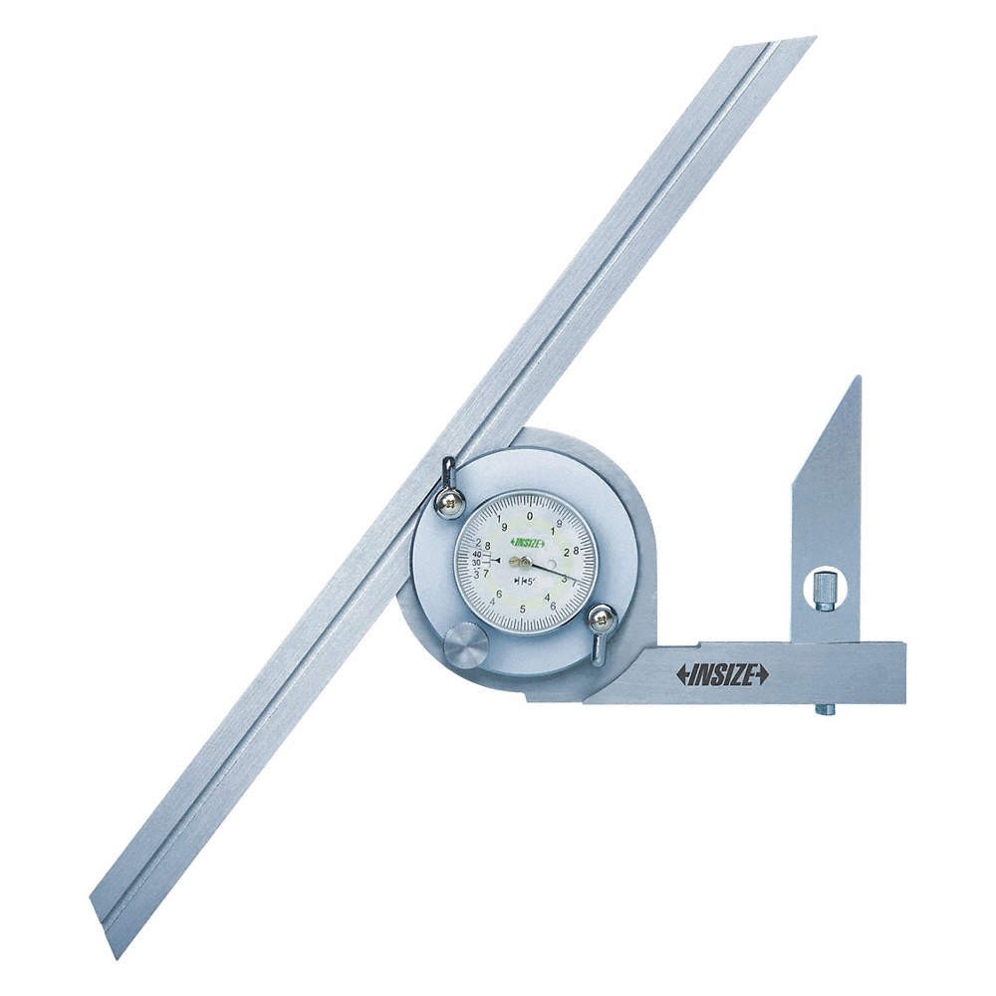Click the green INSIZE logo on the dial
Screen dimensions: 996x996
coord(526,543)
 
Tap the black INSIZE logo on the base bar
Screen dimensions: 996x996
coord(722,674)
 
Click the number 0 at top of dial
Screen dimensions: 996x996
coord(529,515)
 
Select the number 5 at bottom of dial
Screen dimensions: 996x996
coord(523,610)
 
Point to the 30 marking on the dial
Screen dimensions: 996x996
coord(477,563)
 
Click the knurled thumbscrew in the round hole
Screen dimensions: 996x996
coord(824,588)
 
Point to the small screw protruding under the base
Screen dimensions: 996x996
coord(824,710)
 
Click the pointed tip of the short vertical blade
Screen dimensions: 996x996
coord(857,379)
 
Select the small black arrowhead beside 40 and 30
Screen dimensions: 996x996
coord(496,560)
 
